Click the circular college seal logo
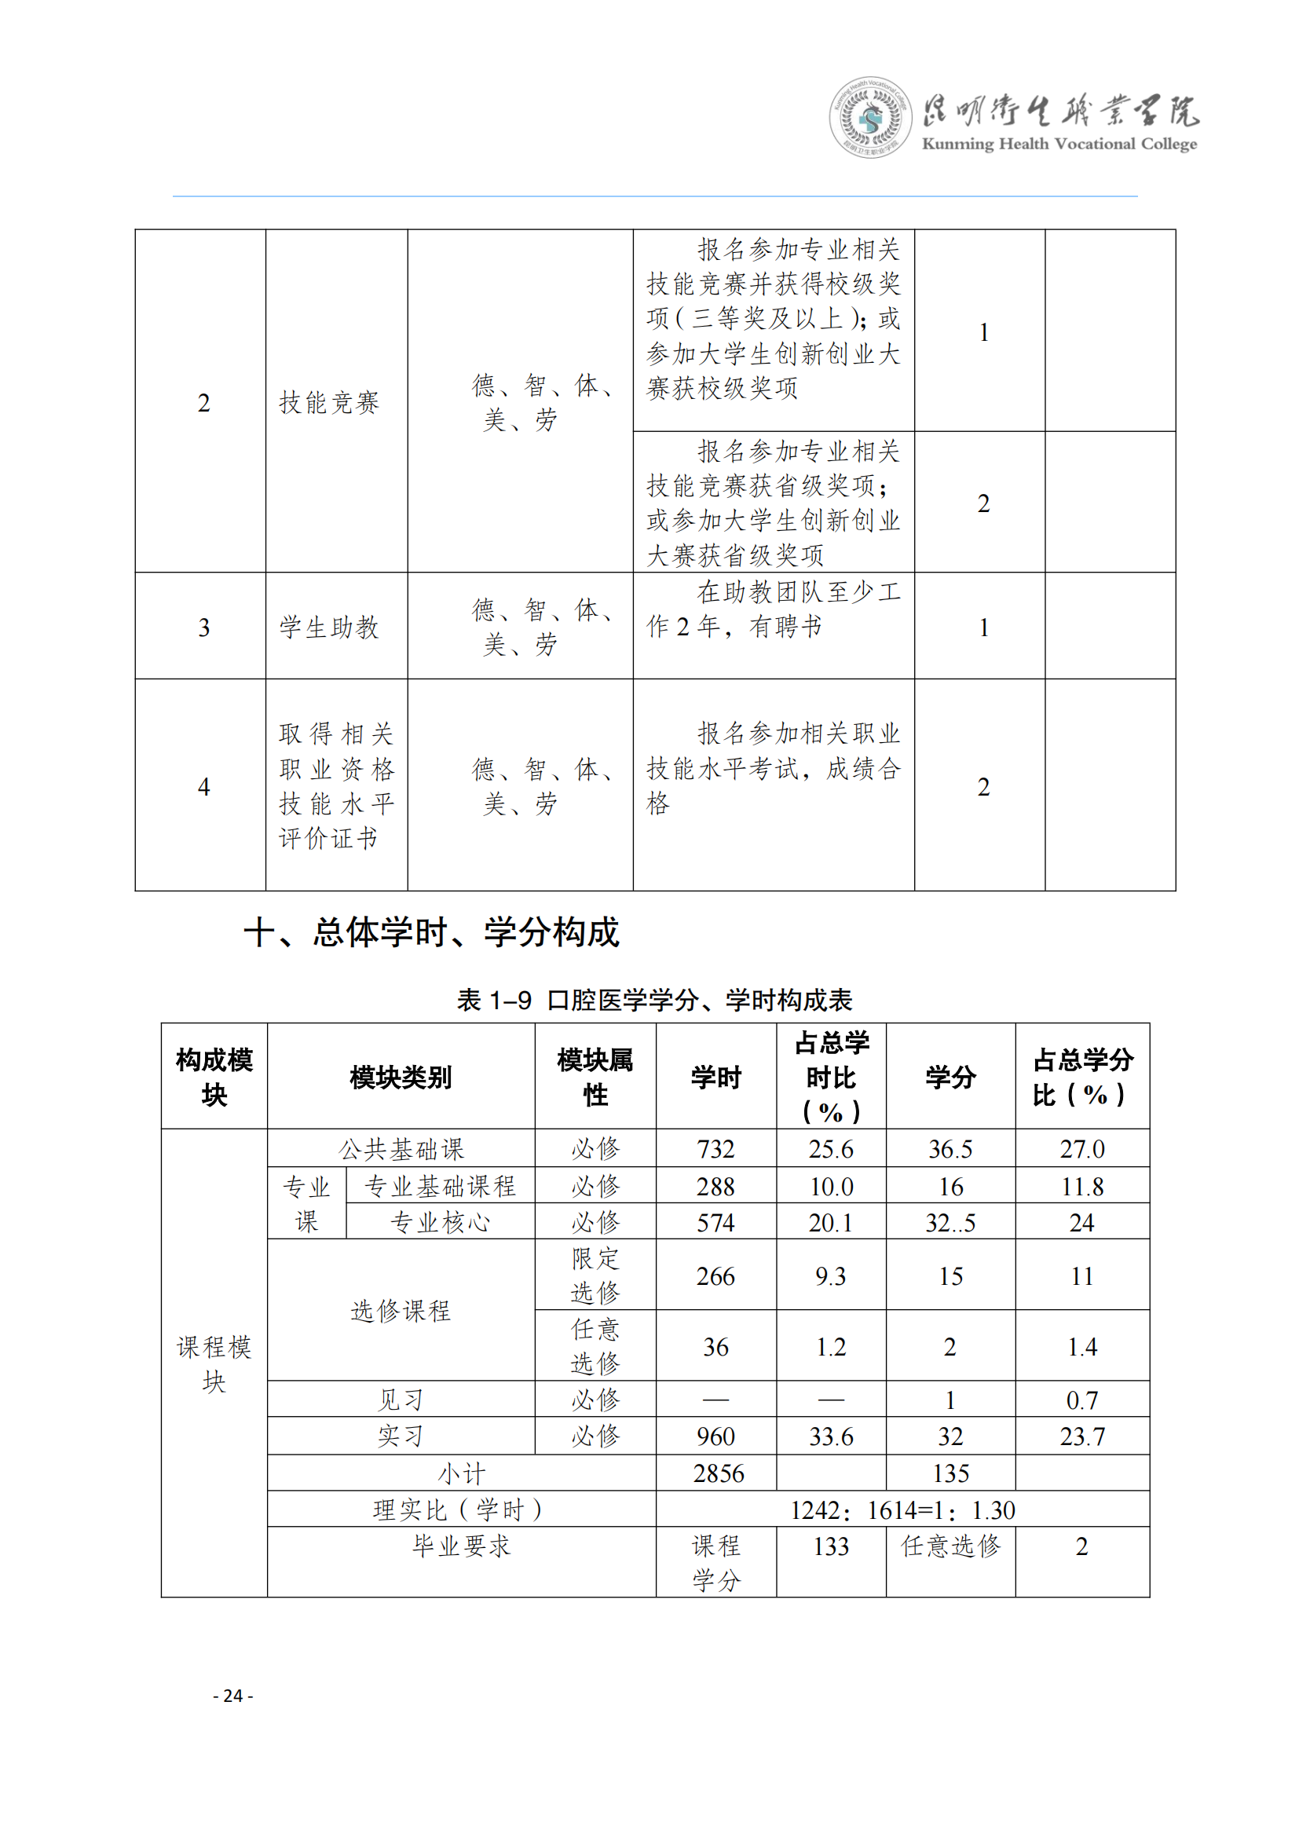(x=870, y=119)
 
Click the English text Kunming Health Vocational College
(x=1059, y=144)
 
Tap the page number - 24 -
(x=232, y=1696)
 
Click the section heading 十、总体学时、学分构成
(x=431, y=932)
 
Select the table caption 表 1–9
(x=493, y=1000)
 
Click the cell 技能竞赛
(x=329, y=402)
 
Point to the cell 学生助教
(x=329, y=628)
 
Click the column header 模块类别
(x=401, y=1077)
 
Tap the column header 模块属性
(x=595, y=1077)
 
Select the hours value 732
(x=715, y=1149)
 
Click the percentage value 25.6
(x=830, y=1149)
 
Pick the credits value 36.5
(x=950, y=1149)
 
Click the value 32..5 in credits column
(x=950, y=1223)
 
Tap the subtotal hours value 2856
(x=719, y=1473)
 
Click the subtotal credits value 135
(x=950, y=1473)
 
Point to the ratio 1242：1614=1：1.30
(x=902, y=1509)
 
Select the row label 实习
(x=401, y=1436)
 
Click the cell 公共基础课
(x=401, y=1149)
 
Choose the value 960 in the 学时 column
(x=715, y=1436)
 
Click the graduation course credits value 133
(x=830, y=1546)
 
